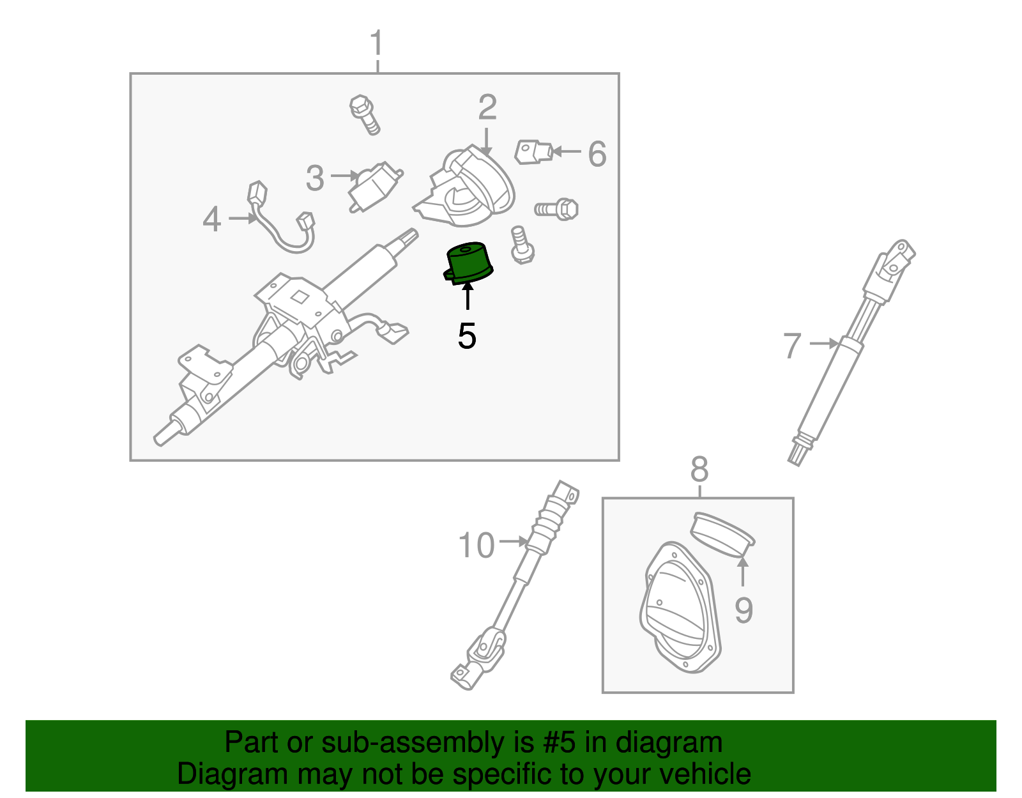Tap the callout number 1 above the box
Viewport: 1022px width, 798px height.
pos(377,43)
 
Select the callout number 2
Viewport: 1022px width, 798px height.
pos(487,107)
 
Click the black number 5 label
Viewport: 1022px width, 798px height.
pos(467,335)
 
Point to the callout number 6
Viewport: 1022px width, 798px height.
pos(597,154)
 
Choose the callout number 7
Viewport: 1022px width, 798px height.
pos(792,346)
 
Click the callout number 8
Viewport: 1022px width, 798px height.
pos(699,470)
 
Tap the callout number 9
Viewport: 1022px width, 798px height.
pos(744,610)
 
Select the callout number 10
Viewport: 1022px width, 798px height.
pos(477,546)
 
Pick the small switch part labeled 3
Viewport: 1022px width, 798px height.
pos(376,185)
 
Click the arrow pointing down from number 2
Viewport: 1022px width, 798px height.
pos(487,141)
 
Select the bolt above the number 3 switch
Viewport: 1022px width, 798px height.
pos(365,114)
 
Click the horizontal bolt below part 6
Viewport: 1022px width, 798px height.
pos(557,209)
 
